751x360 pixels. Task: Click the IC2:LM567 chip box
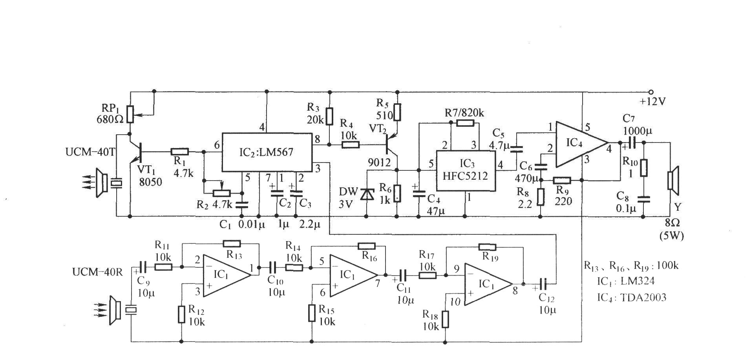pyautogui.click(x=267, y=152)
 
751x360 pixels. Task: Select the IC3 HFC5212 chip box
pyautogui.click(x=465, y=170)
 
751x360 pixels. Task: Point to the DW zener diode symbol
pyautogui.click(x=367, y=195)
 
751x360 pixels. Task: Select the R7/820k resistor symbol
pyautogui.click(x=465, y=123)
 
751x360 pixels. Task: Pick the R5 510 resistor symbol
pyautogui.click(x=398, y=112)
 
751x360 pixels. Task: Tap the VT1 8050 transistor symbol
pyautogui.click(x=135, y=151)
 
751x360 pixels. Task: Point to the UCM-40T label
pyautogui.click(x=90, y=152)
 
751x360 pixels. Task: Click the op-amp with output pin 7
pyautogui.click(x=353, y=275)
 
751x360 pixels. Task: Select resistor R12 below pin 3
pyautogui.click(x=181, y=314)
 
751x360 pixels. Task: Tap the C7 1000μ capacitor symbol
pyautogui.click(x=632, y=143)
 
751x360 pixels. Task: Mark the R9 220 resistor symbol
pyautogui.click(x=562, y=181)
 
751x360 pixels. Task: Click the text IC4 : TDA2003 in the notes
pyautogui.click(x=632, y=298)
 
